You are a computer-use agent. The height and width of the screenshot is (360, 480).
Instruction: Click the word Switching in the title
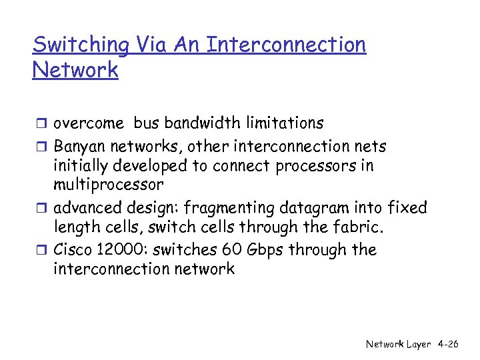tap(81, 45)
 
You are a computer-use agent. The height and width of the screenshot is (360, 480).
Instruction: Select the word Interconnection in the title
tap(286, 45)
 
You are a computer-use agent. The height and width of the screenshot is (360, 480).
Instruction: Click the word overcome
tap(89, 123)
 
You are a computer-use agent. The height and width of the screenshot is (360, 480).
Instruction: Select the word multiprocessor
tap(108, 185)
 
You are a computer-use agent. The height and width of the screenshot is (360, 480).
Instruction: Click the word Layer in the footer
tap(419, 345)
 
